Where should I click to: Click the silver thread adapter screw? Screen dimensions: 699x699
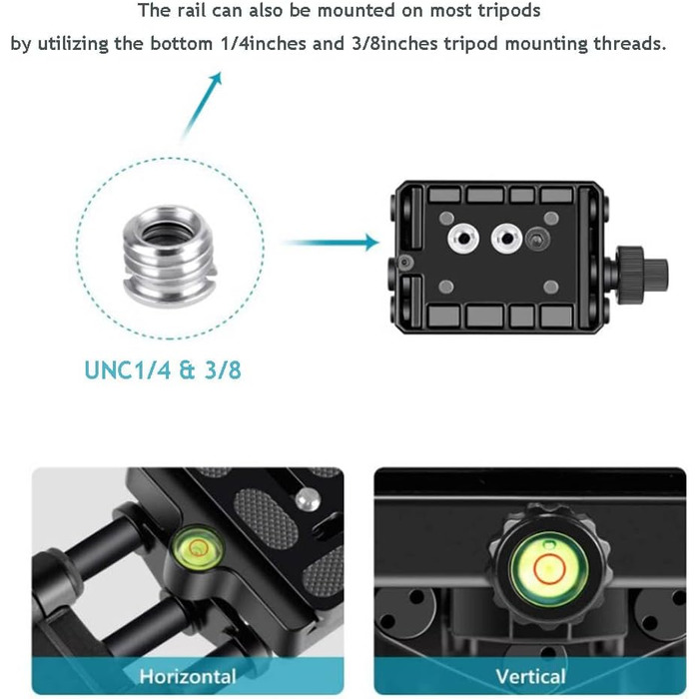170,256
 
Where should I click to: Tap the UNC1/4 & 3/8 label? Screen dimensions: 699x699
163,370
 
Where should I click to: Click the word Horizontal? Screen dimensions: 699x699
188,676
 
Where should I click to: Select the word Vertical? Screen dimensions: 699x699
530,676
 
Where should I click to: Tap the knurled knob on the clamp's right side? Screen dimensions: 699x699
642,269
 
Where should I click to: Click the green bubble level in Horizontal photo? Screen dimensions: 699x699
197,548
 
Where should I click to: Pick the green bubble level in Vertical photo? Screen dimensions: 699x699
549,569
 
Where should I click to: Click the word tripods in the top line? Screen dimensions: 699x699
509,11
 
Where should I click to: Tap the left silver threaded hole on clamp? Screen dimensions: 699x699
463,238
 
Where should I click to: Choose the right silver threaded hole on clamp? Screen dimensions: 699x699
506,238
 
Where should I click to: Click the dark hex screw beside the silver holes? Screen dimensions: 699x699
537,238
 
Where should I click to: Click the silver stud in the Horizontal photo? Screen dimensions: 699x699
308,499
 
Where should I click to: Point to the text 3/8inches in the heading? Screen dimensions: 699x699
394,43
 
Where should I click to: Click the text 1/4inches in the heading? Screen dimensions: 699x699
264,43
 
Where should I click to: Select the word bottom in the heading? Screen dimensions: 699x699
181,43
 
